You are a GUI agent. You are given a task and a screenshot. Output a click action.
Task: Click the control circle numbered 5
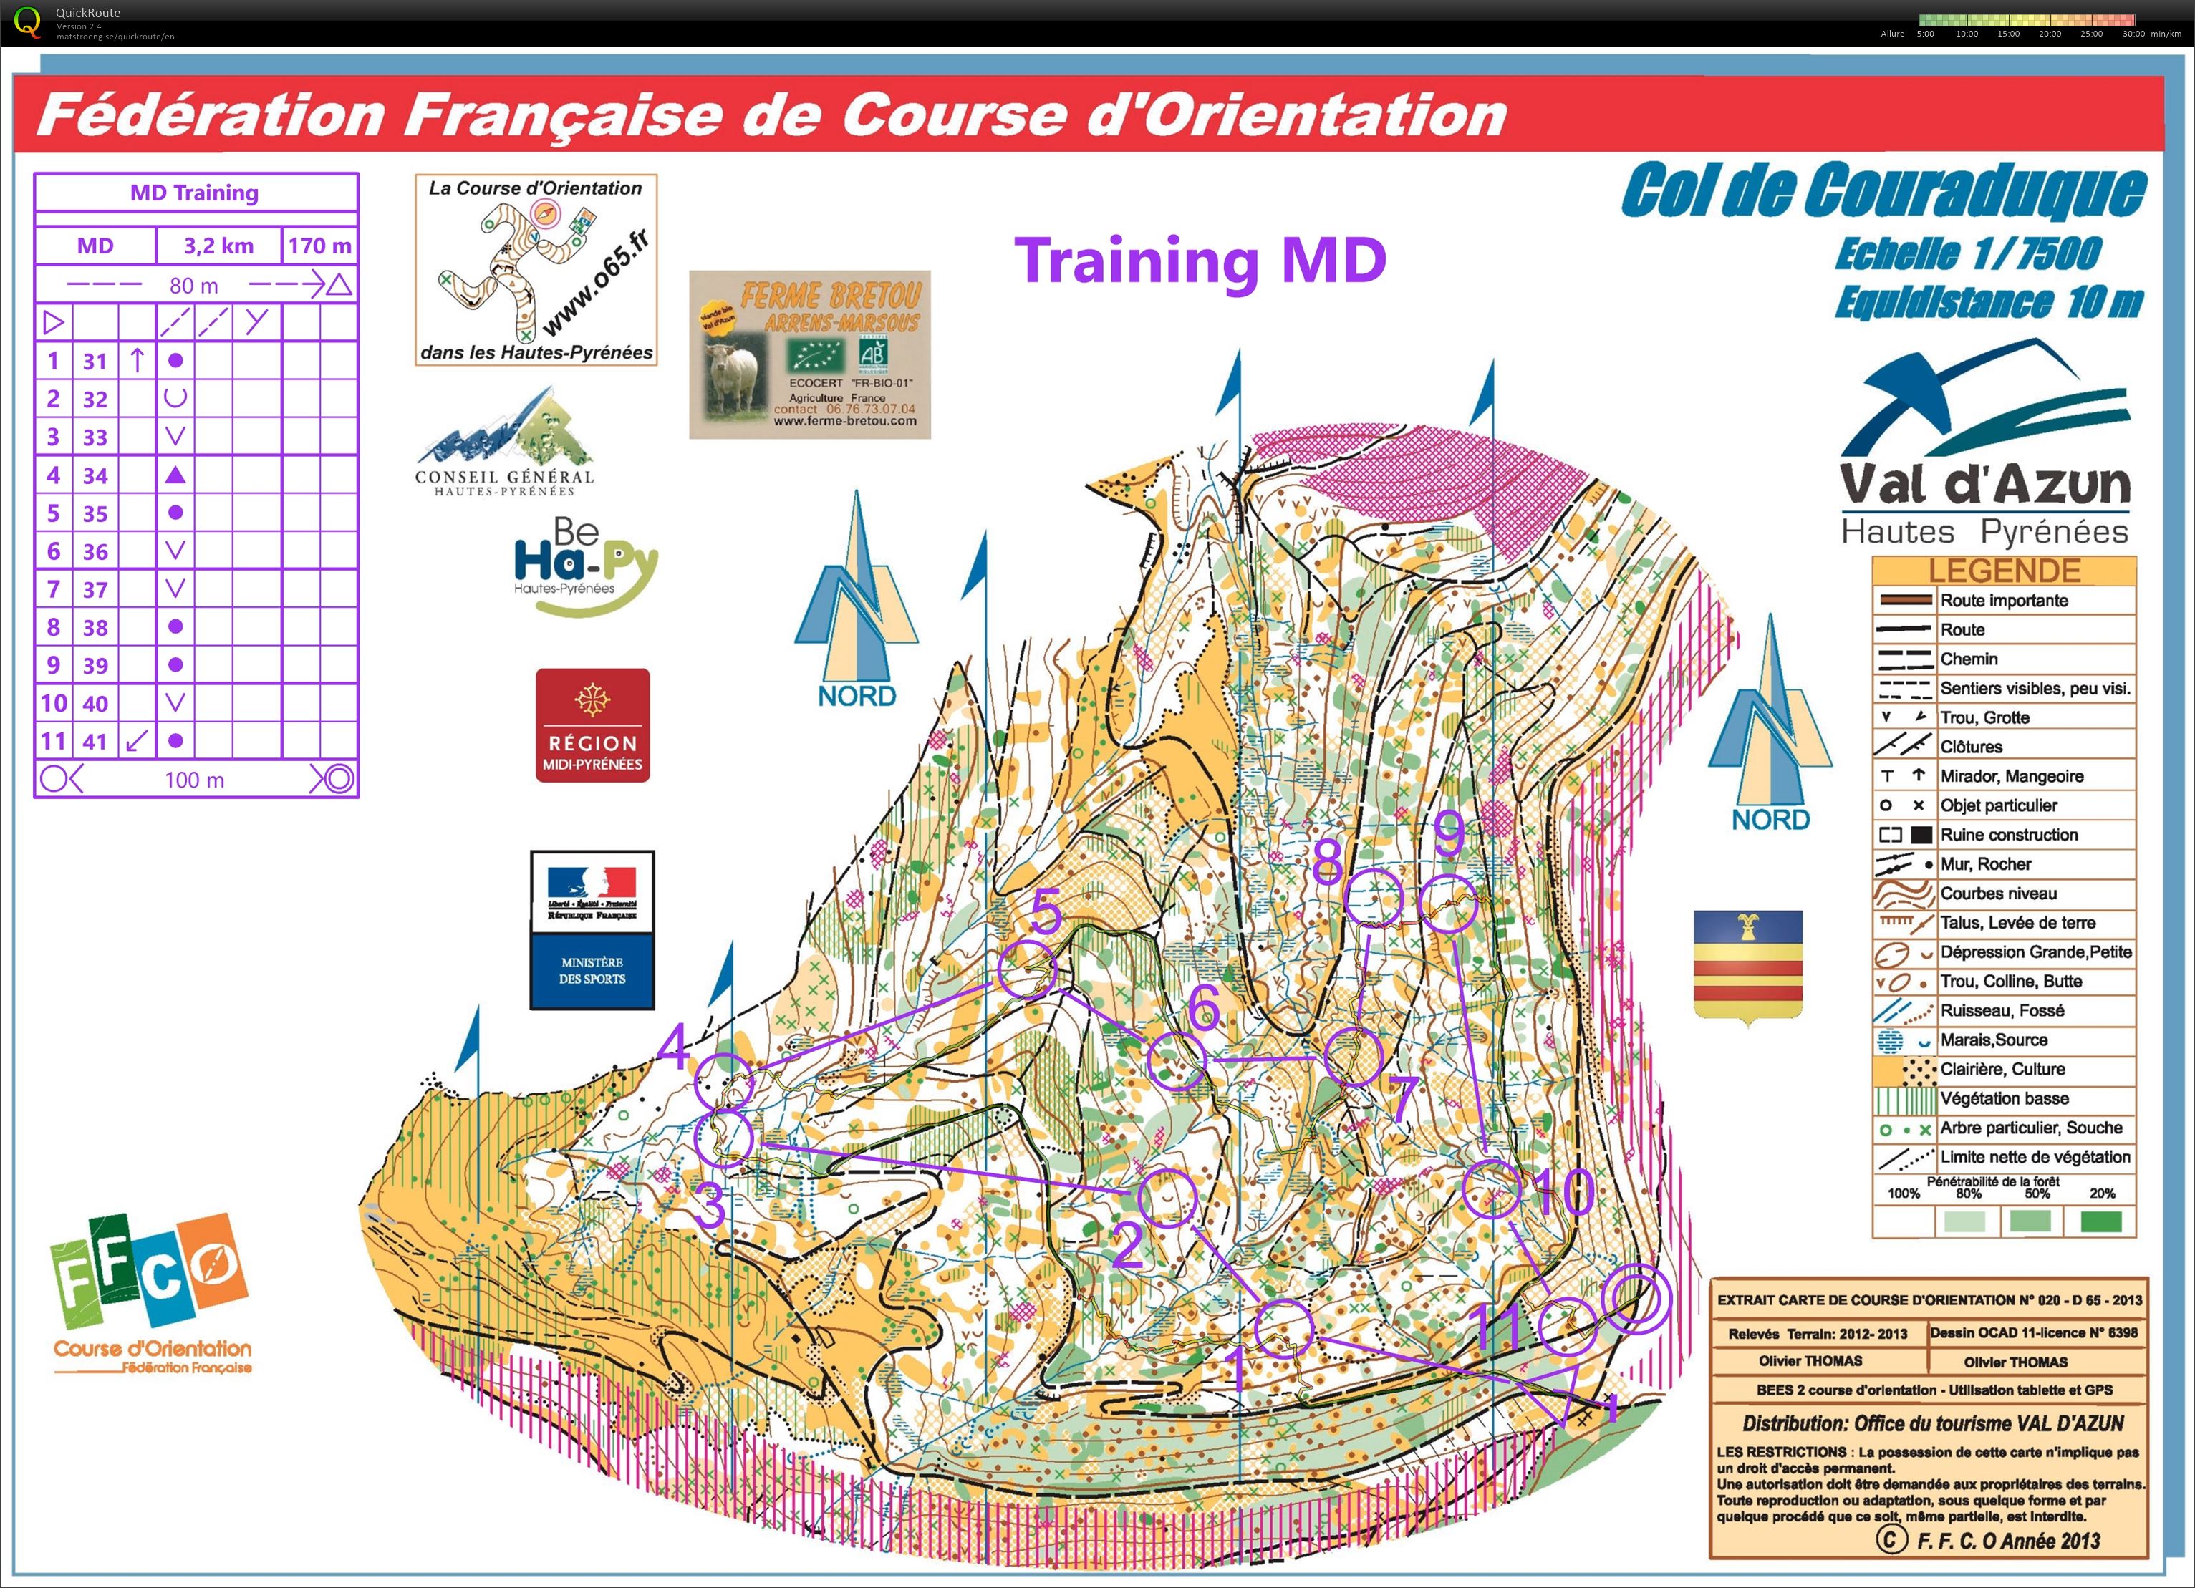click(x=1027, y=969)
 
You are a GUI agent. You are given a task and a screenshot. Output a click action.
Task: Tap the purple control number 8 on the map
click(x=1328, y=859)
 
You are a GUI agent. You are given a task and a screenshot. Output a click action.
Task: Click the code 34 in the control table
click(x=95, y=475)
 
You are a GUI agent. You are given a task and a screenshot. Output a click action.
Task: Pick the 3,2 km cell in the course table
click(x=218, y=246)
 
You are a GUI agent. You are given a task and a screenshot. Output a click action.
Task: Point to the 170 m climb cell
click(x=319, y=246)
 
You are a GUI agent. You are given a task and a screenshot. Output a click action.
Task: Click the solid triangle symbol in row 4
click(x=175, y=475)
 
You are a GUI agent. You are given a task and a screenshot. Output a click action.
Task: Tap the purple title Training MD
click(x=1200, y=261)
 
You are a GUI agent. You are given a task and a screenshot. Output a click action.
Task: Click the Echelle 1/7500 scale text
click(x=1967, y=253)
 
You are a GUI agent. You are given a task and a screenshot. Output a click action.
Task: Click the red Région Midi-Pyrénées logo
click(x=592, y=725)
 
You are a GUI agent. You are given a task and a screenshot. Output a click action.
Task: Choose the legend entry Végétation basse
click(x=2003, y=1098)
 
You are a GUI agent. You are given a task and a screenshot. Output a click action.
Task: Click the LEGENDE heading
click(x=2003, y=571)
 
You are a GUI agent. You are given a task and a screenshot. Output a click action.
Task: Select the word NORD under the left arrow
click(x=857, y=696)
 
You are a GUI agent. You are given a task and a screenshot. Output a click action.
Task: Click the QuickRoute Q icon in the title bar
click(x=28, y=21)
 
